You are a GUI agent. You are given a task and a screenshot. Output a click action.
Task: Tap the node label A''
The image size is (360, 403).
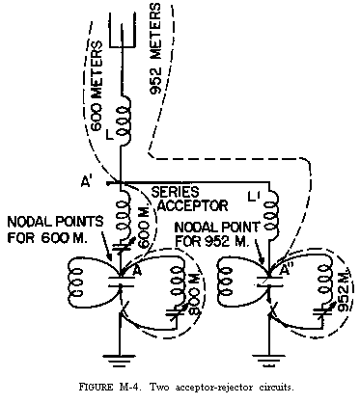click(286, 274)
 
